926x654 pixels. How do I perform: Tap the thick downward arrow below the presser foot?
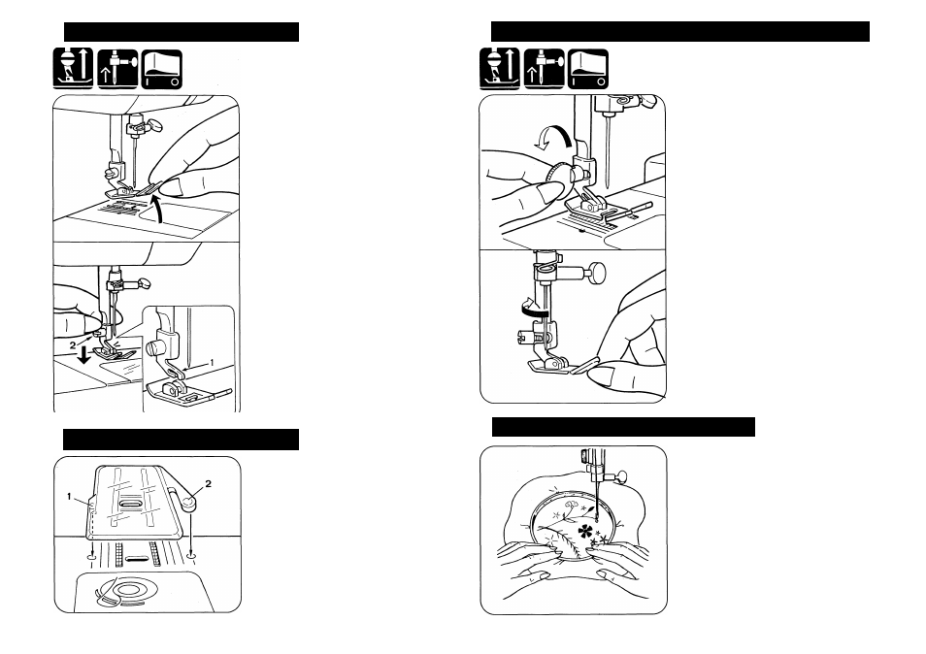point(85,355)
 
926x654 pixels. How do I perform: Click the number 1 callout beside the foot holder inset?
point(212,362)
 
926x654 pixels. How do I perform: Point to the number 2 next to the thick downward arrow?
point(73,345)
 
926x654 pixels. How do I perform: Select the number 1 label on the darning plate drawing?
point(70,497)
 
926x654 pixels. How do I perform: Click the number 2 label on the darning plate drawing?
point(208,484)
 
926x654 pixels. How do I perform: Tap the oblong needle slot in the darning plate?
point(130,504)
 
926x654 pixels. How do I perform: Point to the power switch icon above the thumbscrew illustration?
point(588,69)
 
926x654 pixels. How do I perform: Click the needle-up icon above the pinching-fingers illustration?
point(117,69)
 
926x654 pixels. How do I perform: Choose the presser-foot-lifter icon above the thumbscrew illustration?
point(500,69)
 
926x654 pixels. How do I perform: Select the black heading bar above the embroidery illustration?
point(623,427)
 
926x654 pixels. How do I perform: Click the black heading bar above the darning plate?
point(181,440)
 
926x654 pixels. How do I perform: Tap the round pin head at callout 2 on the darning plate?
point(189,503)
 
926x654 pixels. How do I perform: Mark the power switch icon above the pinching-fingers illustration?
point(162,69)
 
